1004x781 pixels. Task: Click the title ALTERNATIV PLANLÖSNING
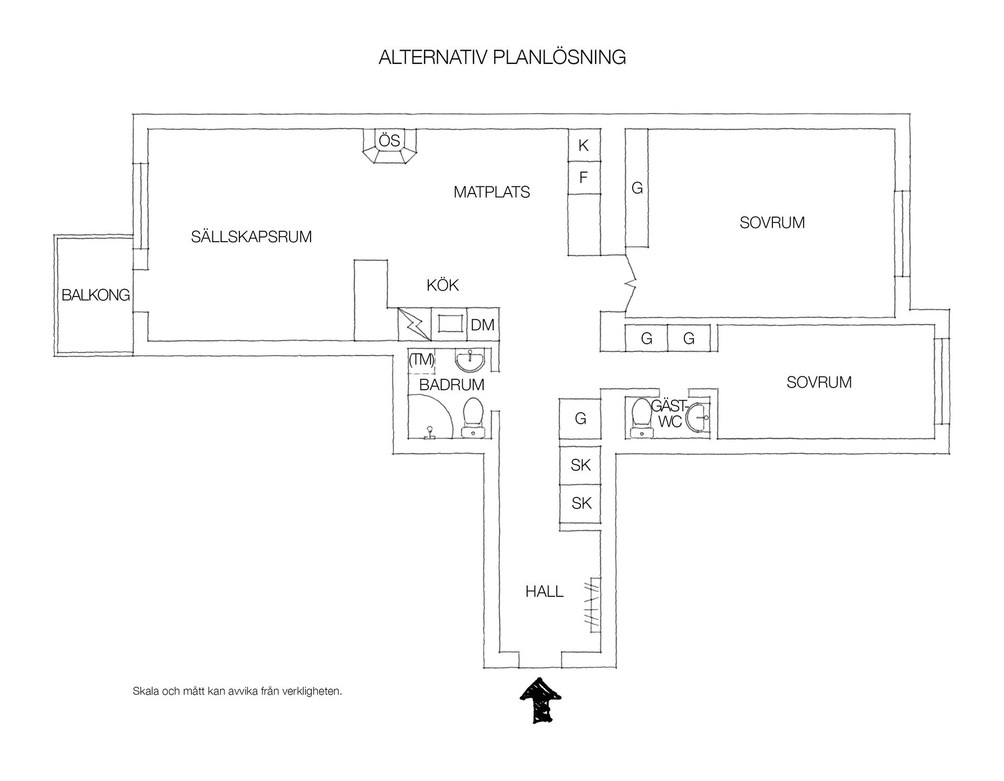(502, 57)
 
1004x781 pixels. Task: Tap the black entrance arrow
(540, 700)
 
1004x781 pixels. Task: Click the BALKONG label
(96, 295)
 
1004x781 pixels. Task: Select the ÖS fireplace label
(390, 140)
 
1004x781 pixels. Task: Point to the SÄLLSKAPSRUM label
(252, 237)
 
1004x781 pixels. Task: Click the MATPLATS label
(492, 192)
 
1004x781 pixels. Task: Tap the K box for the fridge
(584, 145)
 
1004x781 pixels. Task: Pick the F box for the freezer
(584, 177)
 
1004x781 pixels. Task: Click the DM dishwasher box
(483, 324)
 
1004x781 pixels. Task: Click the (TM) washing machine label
(421, 360)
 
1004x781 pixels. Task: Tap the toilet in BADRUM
(474, 417)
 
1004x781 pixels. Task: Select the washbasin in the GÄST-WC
(699, 417)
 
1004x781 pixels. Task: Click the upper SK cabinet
(580, 465)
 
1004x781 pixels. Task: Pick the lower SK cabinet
(580, 503)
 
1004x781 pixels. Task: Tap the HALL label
(544, 592)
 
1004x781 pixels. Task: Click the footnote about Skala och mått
(237, 691)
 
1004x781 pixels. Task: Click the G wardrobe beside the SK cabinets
(580, 418)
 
